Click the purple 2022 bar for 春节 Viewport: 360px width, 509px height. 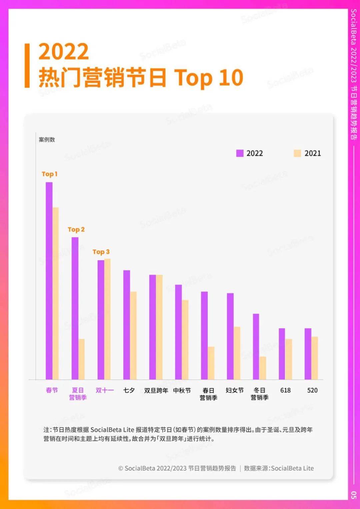(49, 281)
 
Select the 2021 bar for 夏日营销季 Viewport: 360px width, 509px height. (81, 359)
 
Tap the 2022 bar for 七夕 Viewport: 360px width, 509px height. (127, 325)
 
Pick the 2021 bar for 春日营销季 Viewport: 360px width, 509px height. (211, 363)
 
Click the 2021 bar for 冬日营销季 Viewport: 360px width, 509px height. (263, 368)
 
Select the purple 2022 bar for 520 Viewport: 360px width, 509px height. (308, 354)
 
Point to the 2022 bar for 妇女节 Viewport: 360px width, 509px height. (230, 336)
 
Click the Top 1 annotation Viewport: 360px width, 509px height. (49, 174)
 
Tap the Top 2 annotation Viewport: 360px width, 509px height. (76, 229)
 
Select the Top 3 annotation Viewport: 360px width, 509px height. (101, 252)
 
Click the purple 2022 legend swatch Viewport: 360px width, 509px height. (240, 153)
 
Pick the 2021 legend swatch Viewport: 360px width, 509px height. (297, 153)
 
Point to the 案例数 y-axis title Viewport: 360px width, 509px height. (47, 140)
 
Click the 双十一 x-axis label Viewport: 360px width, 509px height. (105, 390)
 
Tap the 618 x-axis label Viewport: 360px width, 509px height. (285, 390)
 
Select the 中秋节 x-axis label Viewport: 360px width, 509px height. (182, 390)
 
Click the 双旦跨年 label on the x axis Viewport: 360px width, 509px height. (156, 390)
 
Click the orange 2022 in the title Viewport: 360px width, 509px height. (64, 52)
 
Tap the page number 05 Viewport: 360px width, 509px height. (354, 495)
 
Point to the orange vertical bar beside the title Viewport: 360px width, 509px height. (27, 65)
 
